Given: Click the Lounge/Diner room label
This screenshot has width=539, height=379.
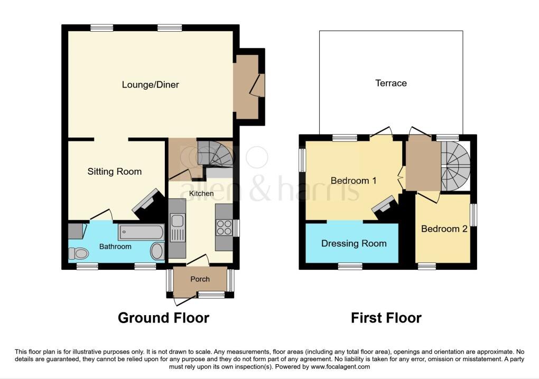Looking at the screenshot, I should (151, 84).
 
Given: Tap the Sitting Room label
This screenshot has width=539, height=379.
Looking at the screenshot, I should (115, 172).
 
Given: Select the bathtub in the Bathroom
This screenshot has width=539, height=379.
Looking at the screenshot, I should (141, 232).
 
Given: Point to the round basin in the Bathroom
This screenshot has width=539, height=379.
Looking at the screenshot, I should (157, 251).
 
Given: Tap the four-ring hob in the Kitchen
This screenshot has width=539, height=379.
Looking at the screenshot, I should (223, 228).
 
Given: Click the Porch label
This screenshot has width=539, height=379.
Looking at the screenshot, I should (200, 279).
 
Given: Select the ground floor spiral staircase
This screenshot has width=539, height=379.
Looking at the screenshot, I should (216, 153).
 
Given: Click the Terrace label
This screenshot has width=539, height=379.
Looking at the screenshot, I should (391, 83).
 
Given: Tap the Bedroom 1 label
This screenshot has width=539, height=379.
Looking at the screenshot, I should (354, 181).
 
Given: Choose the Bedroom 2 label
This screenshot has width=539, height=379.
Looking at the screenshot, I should (444, 229).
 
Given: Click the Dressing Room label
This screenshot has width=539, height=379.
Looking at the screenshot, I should (354, 243).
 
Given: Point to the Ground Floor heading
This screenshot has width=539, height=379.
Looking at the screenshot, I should (163, 318).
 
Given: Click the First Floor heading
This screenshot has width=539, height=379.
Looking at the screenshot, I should (386, 318).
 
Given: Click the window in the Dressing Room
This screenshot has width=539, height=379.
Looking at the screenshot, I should (350, 266).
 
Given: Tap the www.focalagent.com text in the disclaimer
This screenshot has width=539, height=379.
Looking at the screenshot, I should (340, 366).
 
